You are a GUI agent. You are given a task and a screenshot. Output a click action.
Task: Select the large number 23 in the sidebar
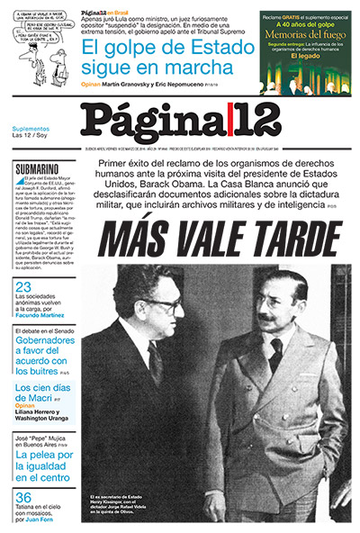(24, 287)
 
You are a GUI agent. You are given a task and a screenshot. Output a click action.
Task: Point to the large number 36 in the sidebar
(24, 498)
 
